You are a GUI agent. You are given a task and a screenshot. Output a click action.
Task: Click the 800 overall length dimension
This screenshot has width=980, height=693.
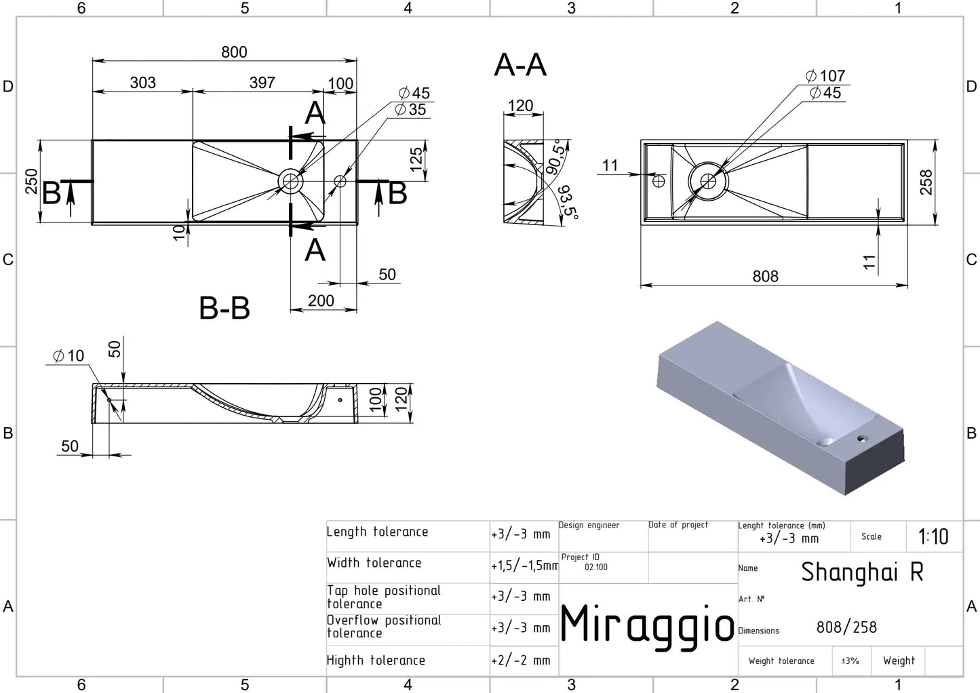coord(234,52)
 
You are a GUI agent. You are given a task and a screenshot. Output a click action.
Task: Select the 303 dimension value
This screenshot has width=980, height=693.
coord(142,83)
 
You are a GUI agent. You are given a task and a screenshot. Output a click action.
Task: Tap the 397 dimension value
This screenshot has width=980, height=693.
coord(262,82)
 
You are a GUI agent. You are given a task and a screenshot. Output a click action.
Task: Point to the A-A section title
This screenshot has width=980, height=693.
coord(520,65)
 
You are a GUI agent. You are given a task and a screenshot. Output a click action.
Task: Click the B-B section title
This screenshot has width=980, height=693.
coord(224,308)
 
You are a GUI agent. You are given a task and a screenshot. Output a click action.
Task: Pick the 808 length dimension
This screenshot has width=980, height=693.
coord(765,276)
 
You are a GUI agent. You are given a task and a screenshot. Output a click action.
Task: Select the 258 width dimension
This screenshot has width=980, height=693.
coord(926,182)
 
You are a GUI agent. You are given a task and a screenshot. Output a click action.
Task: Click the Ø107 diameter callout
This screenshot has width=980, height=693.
coord(825,76)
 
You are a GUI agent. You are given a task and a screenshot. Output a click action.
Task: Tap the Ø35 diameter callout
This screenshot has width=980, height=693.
coord(410,109)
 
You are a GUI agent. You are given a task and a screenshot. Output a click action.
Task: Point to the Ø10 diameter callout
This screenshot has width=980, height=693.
coord(68,356)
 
